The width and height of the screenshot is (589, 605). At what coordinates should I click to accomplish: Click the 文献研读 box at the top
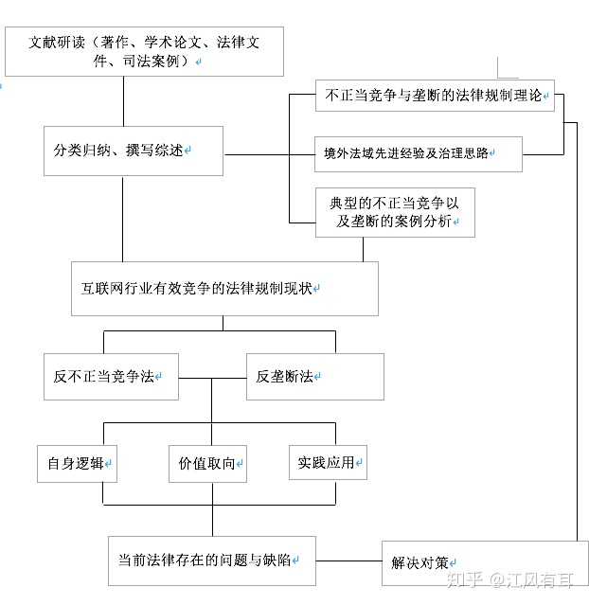144,52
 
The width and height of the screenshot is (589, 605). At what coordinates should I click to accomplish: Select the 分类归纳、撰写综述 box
133,151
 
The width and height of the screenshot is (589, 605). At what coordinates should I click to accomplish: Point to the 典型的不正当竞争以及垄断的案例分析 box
395,212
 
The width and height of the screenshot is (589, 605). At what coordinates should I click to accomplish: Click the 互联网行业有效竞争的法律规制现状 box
224,288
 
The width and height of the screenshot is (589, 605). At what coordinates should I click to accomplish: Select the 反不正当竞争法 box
110,376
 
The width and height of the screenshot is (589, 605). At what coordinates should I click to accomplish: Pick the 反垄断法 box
314,376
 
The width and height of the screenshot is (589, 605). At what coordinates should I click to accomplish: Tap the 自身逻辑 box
77,463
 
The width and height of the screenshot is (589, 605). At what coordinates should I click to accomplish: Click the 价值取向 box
207,463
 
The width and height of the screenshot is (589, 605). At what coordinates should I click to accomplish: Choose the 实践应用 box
327,462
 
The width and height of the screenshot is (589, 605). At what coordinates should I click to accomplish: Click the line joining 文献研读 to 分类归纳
124,100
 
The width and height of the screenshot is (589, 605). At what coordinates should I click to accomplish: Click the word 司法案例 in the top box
161,62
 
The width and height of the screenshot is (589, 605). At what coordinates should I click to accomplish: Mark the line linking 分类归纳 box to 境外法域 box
269,153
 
